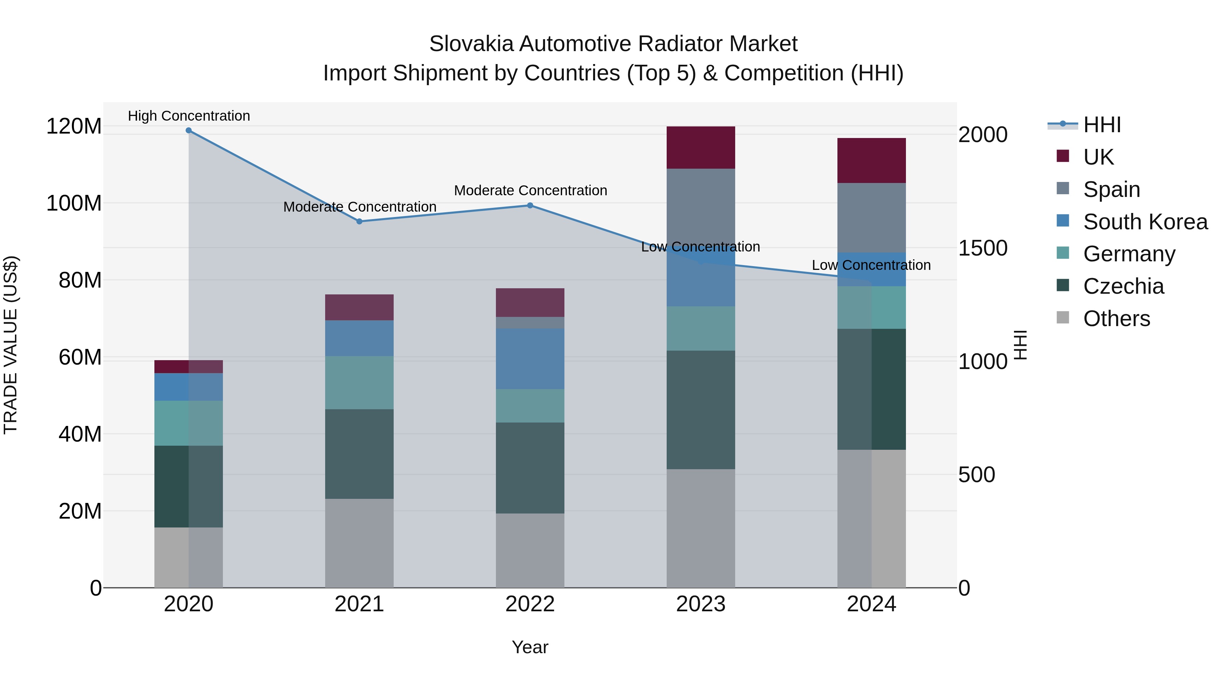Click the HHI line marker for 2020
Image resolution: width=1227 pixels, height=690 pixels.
tap(188, 131)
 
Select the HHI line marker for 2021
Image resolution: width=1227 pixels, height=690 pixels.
tap(360, 221)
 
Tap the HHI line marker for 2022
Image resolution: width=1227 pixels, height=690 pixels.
tap(530, 206)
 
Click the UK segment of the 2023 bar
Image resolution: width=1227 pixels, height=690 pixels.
tap(701, 148)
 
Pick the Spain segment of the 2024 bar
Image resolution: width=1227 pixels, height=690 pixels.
tap(871, 218)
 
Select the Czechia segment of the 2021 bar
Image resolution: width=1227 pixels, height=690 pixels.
tap(360, 454)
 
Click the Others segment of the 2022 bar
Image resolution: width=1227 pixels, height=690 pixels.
tap(530, 551)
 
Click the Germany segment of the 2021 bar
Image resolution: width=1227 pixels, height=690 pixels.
tap(360, 382)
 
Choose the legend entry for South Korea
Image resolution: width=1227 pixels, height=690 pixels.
tap(1145, 222)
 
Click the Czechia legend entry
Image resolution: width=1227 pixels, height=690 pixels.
tap(1123, 287)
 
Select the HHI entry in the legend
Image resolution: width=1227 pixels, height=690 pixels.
tap(1101, 125)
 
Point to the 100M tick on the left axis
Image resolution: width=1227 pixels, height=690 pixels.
tap(74, 203)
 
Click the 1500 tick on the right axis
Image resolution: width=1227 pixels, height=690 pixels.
tap(983, 248)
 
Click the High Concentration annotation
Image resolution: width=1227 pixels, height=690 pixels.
tap(188, 116)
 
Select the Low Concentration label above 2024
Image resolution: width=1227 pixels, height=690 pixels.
tap(871, 265)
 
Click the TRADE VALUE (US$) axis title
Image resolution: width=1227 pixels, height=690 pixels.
tap(11, 345)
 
